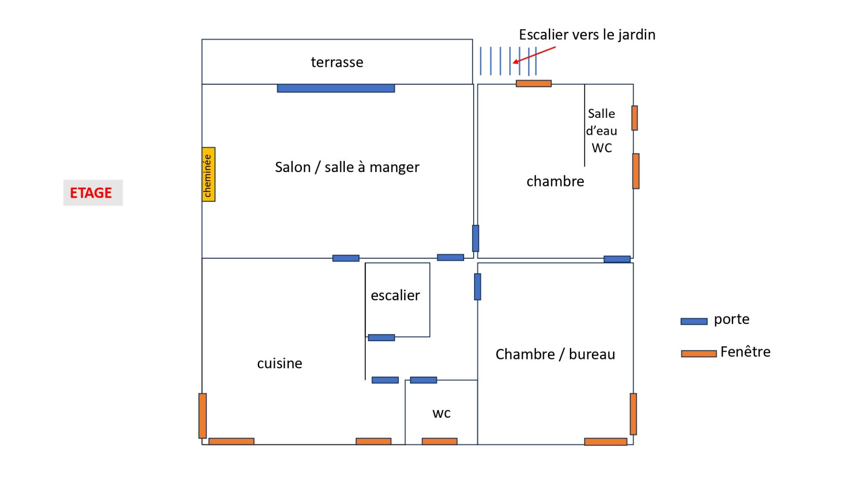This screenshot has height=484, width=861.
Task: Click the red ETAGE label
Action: [91, 193]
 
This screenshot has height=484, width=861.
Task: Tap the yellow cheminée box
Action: [209, 174]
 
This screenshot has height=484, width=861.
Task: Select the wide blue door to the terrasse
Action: [336, 88]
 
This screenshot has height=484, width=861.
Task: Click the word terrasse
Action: [337, 62]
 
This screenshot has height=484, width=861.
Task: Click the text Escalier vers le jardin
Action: [587, 35]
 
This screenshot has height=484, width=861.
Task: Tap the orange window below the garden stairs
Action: [534, 83]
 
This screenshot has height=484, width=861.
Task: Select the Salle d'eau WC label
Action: [601, 130]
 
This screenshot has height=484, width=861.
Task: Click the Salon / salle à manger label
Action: [347, 167]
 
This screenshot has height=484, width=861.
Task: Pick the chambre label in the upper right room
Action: [555, 181]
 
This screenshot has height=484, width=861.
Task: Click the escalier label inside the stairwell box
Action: [395, 295]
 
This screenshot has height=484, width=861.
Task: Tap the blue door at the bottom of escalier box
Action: [381, 337]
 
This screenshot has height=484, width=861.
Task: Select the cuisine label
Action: [279, 363]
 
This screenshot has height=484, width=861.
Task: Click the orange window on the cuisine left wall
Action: [203, 415]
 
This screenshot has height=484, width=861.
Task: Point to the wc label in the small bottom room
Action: [441, 413]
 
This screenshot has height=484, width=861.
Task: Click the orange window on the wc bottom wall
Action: [439, 441]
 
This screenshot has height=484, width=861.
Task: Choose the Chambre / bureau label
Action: [555, 354]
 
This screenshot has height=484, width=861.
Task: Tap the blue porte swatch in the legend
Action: [694, 321]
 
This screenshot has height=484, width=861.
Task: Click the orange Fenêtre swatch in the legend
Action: [699, 354]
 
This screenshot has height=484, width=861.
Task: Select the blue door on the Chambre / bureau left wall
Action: [478, 286]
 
